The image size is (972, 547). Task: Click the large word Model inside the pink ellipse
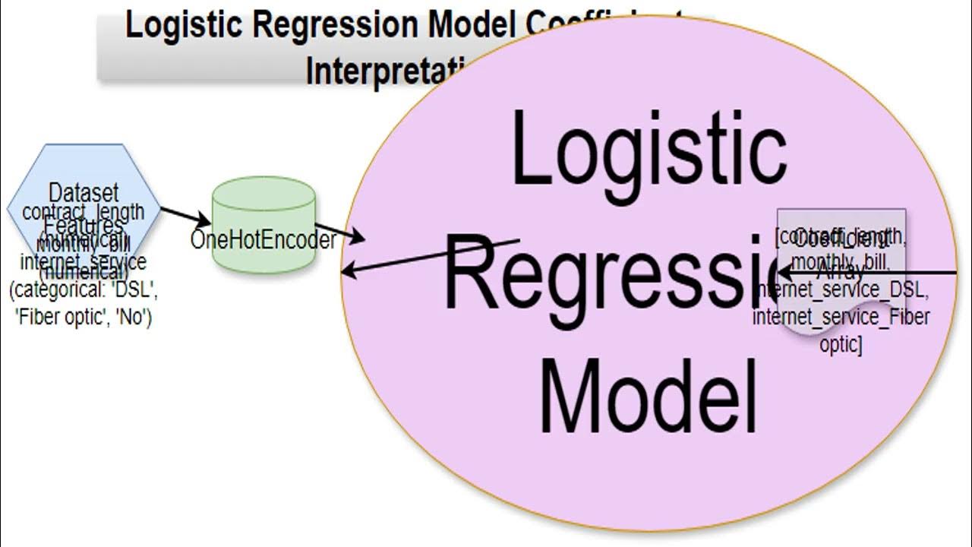(x=649, y=395)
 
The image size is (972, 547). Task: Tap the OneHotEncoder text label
(x=264, y=241)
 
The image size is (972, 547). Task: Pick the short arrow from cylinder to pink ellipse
(x=339, y=232)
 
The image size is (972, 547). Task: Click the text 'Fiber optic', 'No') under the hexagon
(x=84, y=318)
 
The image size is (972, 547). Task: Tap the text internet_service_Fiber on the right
(x=840, y=316)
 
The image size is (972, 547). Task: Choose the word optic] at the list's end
(x=840, y=343)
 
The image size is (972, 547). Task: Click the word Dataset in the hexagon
(x=84, y=193)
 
